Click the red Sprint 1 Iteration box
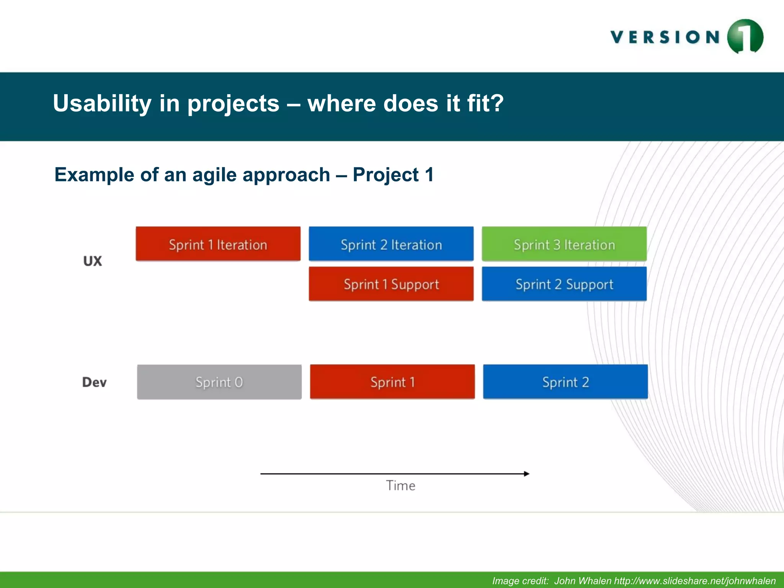click(x=218, y=244)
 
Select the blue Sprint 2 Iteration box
click(x=391, y=244)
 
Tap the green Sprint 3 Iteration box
click(x=564, y=244)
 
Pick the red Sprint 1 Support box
click(x=391, y=284)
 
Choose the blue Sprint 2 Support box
click(x=564, y=284)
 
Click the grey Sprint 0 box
click(x=219, y=382)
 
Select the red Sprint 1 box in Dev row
click(x=392, y=382)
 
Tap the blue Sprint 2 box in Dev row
click(x=565, y=382)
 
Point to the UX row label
click(x=93, y=261)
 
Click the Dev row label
click(x=94, y=382)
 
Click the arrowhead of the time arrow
click(x=527, y=474)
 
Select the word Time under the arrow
click(x=400, y=485)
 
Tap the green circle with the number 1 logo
click(x=745, y=37)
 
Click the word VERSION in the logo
click(x=665, y=37)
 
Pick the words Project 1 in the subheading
click(x=393, y=175)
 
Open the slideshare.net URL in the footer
click(x=694, y=581)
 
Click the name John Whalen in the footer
click(x=583, y=581)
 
